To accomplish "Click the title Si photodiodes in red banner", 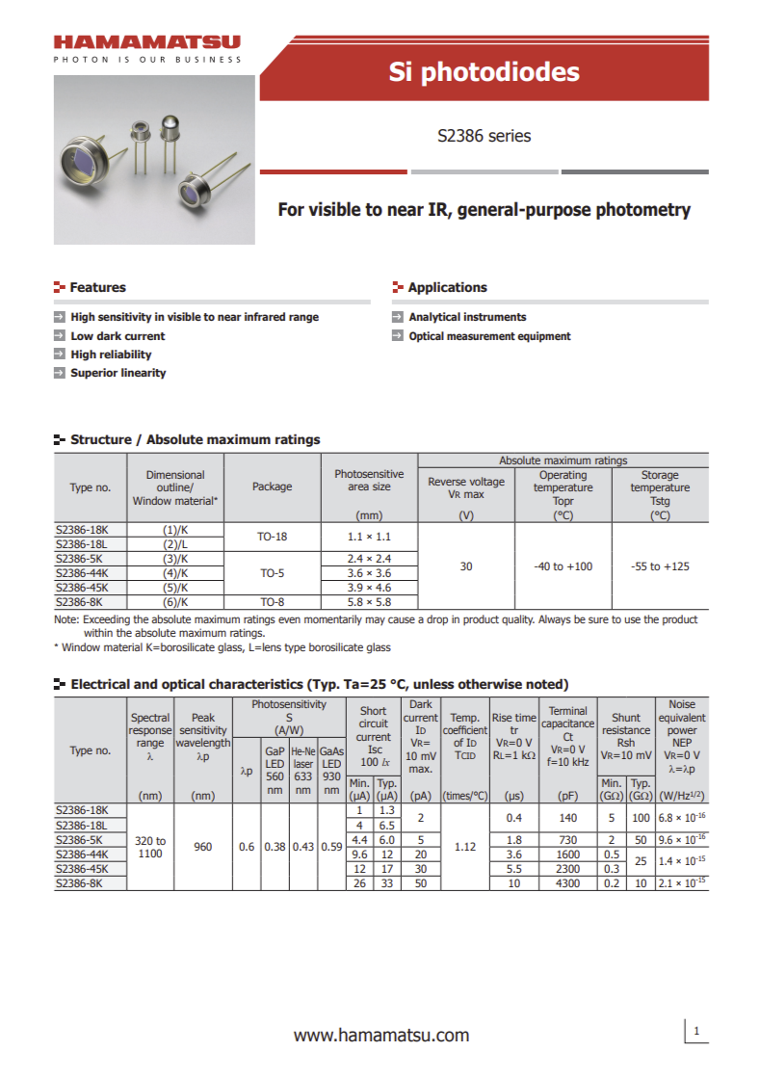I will pyautogui.click(x=484, y=71).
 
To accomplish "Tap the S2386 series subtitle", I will pyautogui.click(x=484, y=136).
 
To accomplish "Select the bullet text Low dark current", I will pyautogui.click(x=118, y=336).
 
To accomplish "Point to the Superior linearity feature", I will pyautogui.click(x=118, y=373).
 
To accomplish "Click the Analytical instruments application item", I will pyautogui.click(x=467, y=317).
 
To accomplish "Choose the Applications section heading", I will pyautogui.click(x=447, y=287).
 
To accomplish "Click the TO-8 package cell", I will pyautogui.click(x=272, y=601).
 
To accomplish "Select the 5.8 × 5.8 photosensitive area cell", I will pyautogui.click(x=369, y=601).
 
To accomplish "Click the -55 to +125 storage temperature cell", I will pyautogui.click(x=660, y=566).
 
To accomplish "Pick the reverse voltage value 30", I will pyautogui.click(x=466, y=566).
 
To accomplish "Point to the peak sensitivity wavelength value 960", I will pyautogui.click(x=202, y=848).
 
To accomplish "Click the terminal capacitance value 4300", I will pyautogui.click(x=567, y=883).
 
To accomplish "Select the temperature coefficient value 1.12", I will pyautogui.click(x=464, y=848).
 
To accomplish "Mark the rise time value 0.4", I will pyautogui.click(x=513, y=817).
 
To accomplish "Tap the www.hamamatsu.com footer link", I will pyautogui.click(x=380, y=1036).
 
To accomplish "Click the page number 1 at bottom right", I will pyautogui.click(x=695, y=1032).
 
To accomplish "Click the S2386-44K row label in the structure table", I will pyautogui.click(x=83, y=572).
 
